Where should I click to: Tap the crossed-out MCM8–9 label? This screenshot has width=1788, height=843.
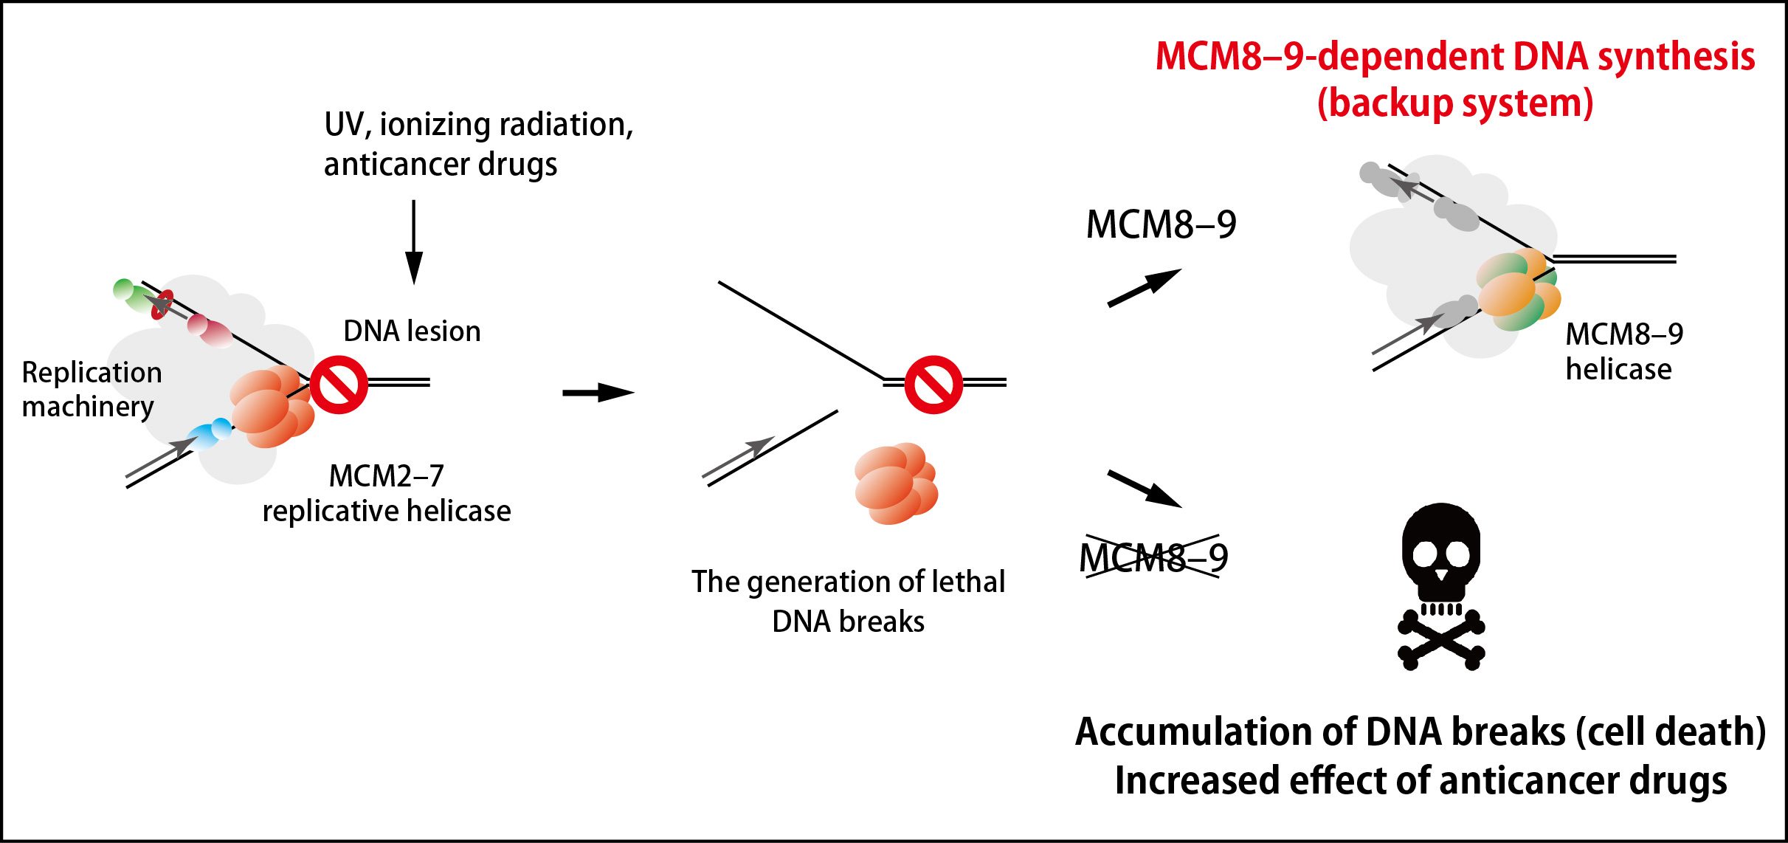point(1153,557)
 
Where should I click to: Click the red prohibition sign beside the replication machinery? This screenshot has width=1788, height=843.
point(339,385)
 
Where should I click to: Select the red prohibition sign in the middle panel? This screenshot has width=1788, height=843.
point(933,385)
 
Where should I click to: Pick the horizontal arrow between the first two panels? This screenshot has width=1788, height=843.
point(598,392)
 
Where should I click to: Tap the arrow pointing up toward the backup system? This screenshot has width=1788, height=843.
point(1145,287)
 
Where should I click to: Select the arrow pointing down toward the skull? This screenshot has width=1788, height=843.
point(1145,489)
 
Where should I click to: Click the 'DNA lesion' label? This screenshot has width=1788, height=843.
point(412,331)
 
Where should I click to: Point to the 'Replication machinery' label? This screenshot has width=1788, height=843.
point(92,389)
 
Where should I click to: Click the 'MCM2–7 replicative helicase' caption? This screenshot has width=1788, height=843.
point(387,493)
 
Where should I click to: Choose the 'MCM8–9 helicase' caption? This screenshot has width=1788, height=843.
point(1623,351)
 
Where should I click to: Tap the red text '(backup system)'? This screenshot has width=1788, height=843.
point(1455,103)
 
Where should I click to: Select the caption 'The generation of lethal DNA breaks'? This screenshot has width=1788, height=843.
point(848,601)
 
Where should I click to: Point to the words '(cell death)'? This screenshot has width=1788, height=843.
point(1671,732)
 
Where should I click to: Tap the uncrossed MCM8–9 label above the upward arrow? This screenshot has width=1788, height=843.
point(1161,224)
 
